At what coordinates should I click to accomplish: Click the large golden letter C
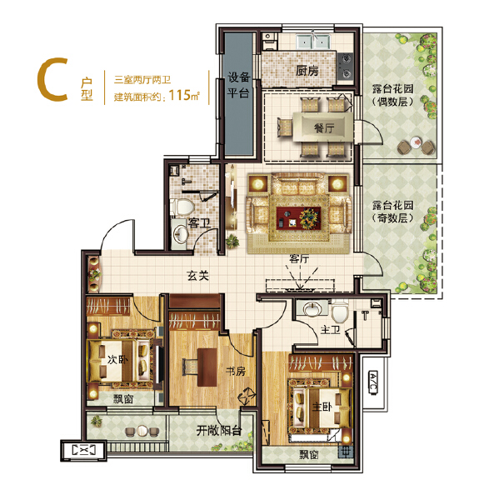click(51, 81)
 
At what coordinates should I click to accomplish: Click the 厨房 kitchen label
click(307, 72)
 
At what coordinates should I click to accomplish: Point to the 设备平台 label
click(239, 87)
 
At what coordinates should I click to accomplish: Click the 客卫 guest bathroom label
click(198, 223)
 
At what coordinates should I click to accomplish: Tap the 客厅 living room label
click(299, 259)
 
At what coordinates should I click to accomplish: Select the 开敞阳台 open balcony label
click(218, 431)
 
